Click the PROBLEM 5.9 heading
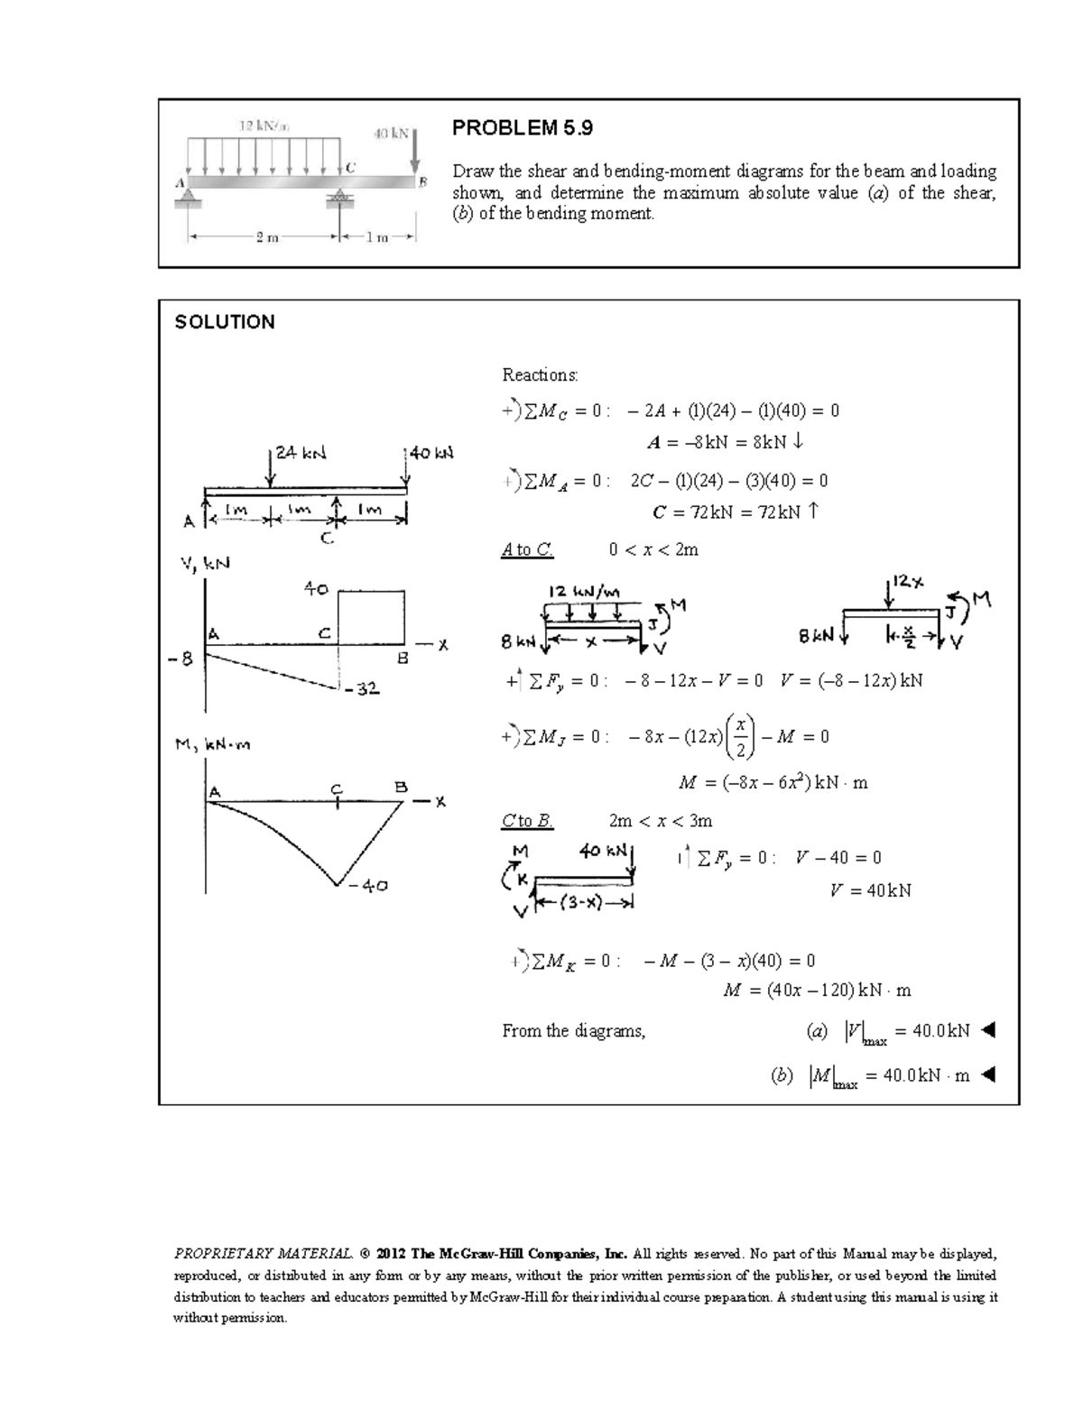[523, 128]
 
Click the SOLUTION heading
[225, 322]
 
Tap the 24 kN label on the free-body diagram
[301, 454]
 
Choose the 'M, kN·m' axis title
[212, 746]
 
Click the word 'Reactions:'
[540, 374]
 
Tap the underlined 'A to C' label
[527, 549]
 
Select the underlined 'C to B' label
[527, 821]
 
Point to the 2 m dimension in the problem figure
[266, 238]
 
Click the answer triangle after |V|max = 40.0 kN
[987, 1029]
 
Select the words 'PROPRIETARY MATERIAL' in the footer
[262, 1253]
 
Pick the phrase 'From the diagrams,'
[574, 1030]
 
